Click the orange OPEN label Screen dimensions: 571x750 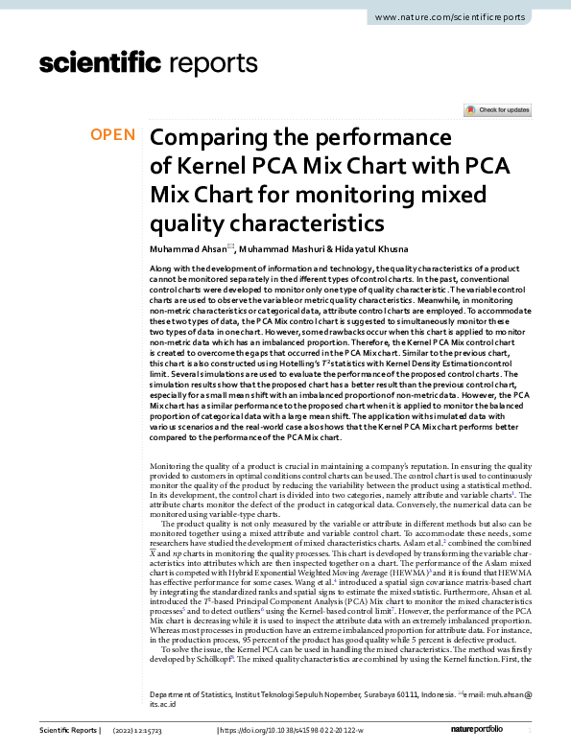point(113,134)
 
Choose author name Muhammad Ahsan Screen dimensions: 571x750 point(186,248)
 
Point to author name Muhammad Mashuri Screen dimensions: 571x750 point(283,248)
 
